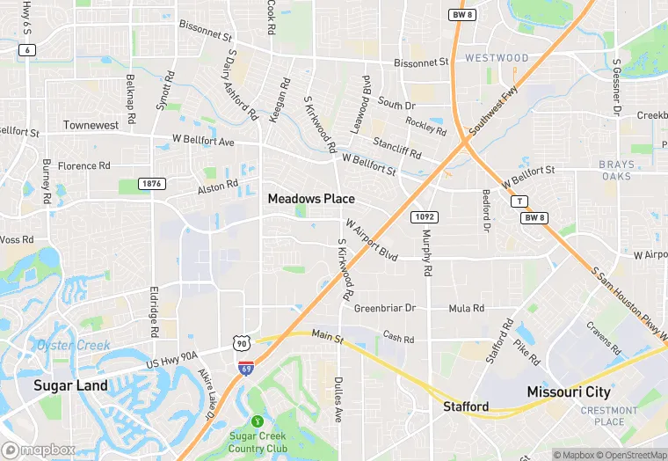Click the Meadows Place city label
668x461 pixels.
click(x=311, y=199)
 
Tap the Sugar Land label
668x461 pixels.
click(x=70, y=385)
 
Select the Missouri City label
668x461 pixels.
click(x=568, y=390)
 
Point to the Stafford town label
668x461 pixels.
click(x=464, y=406)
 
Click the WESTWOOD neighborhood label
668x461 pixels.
click(x=497, y=58)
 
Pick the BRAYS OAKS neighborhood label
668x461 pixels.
click(x=616, y=170)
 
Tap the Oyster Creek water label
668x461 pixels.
click(x=74, y=345)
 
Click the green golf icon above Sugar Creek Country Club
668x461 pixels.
click(x=258, y=421)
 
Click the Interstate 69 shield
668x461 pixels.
click(x=246, y=363)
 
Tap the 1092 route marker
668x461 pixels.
click(x=425, y=216)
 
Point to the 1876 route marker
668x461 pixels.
click(x=152, y=183)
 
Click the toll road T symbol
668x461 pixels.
click(x=519, y=201)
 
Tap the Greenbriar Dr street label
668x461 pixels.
click(x=384, y=309)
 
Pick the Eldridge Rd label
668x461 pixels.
click(x=154, y=310)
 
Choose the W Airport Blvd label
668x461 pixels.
click(x=371, y=240)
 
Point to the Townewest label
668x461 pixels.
click(x=91, y=126)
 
